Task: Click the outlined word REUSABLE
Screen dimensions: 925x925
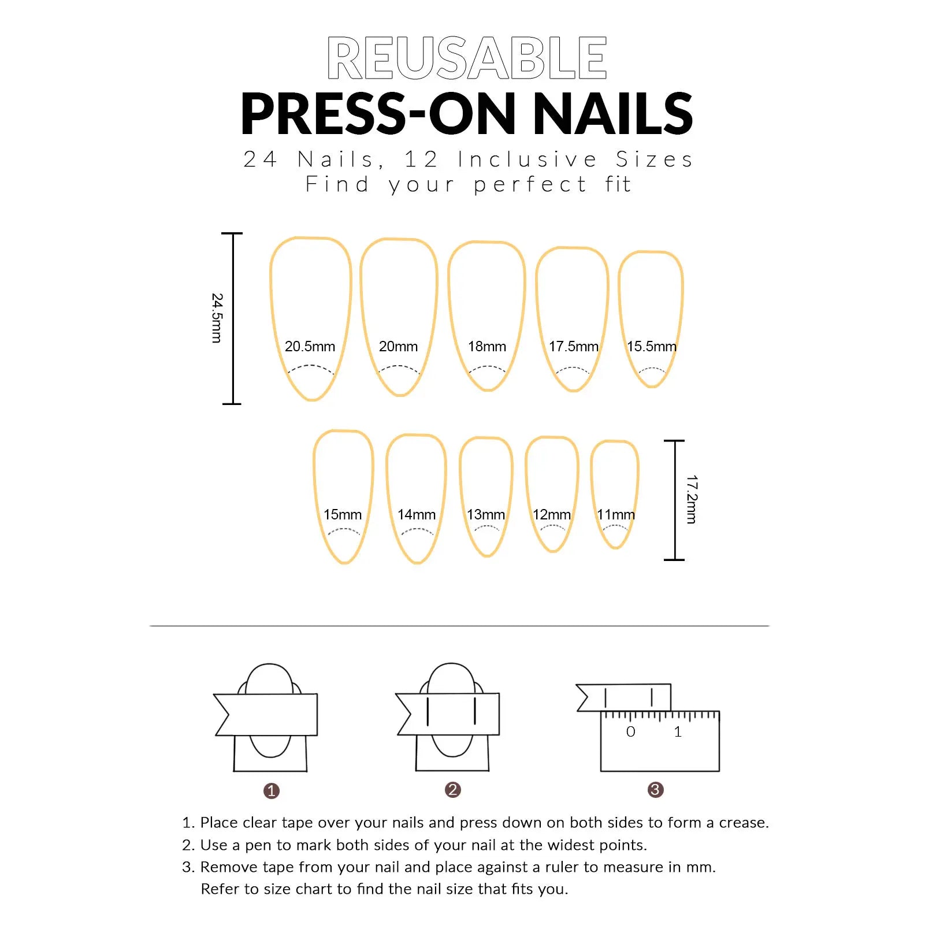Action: pyautogui.click(x=467, y=58)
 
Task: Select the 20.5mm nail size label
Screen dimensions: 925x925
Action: pyautogui.click(x=310, y=347)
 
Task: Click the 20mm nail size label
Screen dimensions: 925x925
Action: pyautogui.click(x=398, y=347)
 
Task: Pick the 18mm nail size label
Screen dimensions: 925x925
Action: pyautogui.click(x=487, y=347)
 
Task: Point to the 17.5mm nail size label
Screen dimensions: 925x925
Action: pyautogui.click(x=574, y=347)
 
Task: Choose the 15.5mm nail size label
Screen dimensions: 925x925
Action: pyautogui.click(x=652, y=347)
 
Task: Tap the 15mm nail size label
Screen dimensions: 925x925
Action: pyautogui.click(x=343, y=515)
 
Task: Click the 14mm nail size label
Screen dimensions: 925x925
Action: pyautogui.click(x=417, y=515)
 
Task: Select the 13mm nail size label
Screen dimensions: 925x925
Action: pyautogui.click(x=486, y=515)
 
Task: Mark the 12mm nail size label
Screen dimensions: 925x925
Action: pyautogui.click(x=552, y=515)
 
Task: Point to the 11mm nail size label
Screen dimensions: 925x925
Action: pyautogui.click(x=616, y=515)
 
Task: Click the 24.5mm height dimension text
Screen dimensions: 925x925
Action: pyautogui.click(x=217, y=318)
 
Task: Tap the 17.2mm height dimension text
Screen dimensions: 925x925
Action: pyautogui.click(x=692, y=500)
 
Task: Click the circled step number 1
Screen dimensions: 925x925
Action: pyautogui.click(x=271, y=791)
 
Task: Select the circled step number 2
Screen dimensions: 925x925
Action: pyautogui.click(x=453, y=790)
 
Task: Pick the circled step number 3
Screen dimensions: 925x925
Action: pyautogui.click(x=655, y=790)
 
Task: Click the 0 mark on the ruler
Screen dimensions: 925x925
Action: pyautogui.click(x=630, y=732)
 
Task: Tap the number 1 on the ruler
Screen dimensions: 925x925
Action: pyautogui.click(x=678, y=732)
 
